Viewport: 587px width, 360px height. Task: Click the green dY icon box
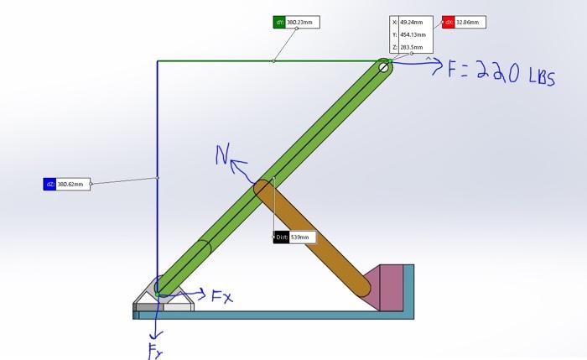coord(279,22)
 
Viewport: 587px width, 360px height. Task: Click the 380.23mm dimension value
coord(302,22)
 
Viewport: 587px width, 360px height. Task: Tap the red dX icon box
coord(449,22)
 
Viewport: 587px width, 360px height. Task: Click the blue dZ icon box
coord(49,184)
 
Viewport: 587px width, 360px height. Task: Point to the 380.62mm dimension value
coord(72,184)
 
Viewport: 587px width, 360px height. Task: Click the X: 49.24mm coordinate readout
coord(411,23)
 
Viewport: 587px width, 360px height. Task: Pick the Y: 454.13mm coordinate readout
coord(411,34)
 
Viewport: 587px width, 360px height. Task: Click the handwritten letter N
coord(222,155)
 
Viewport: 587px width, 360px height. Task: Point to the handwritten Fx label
coord(222,295)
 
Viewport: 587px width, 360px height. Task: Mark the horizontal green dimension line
coord(268,60)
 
